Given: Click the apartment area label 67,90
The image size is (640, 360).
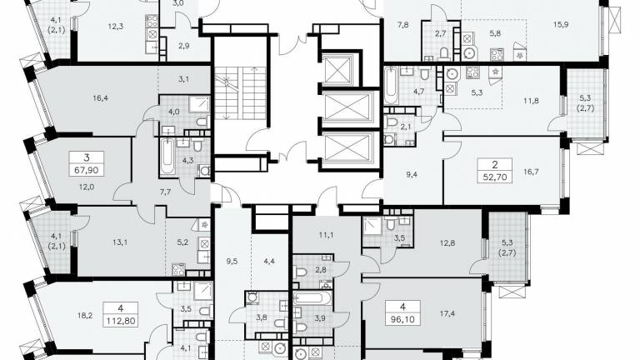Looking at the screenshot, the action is pyautogui.click(x=87, y=170).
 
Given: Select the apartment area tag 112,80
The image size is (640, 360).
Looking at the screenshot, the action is pyautogui.click(x=120, y=320).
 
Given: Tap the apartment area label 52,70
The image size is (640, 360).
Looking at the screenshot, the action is pyautogui.click(x=495, y=177).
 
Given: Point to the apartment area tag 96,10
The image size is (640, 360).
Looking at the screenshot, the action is pyautogui.click(x=402, y=319).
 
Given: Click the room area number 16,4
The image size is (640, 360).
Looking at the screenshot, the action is pyautogui.click(x=100, y=97).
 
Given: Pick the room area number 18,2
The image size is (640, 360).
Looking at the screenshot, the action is pyautogui.click(x=84, y=315).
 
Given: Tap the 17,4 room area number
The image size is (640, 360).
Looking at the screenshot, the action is pyautogui.click(x=447, y=313).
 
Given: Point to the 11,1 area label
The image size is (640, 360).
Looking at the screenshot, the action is pyautogui.click(x=326, y=235).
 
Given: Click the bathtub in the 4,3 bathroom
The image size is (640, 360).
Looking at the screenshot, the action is pyautogui.click(x=167, y=157).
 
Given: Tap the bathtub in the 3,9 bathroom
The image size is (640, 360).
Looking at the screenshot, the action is pyautogui.click(x=313, y=297).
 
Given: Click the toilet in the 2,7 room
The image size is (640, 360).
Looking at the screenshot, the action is pyautogui.click(x=444, y=54).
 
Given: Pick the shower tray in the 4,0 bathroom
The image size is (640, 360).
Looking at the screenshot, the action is pyautogui.click(x=200, y=105).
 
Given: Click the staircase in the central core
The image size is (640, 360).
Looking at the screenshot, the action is pyautogui.click(x=240, y=92).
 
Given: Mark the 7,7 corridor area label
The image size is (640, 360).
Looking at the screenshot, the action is pyautogui.click(x=165, y=192).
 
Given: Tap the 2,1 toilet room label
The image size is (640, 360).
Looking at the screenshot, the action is pyautogui.click(x=406, y=127).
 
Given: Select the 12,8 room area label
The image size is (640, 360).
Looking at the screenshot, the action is pyautogui.click(x=447, y=242).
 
